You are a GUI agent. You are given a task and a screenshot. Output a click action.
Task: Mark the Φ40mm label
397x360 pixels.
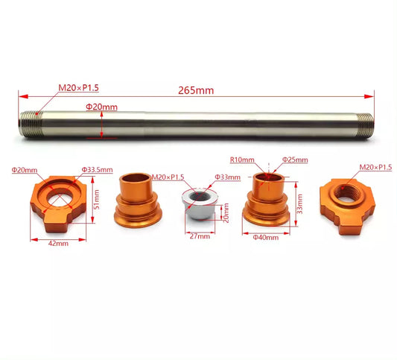point(265,237)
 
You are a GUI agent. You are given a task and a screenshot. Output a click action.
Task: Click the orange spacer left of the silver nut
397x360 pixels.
point(137,200)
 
